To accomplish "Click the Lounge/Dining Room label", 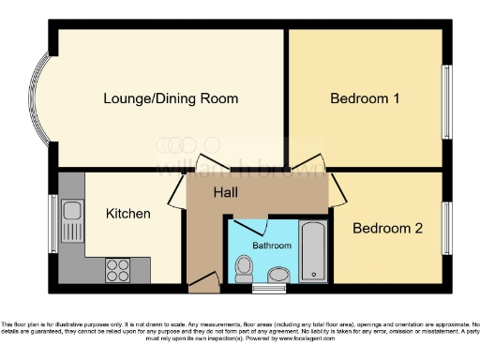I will point(170,98).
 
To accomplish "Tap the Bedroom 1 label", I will point(364,98).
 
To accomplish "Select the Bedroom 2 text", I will point(385,228).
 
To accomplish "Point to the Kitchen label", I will point(127,214).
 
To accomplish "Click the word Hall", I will point(225,192).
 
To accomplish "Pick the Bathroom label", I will point(272,245).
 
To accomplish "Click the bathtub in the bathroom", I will point(314,251).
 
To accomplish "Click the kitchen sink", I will point(72,221).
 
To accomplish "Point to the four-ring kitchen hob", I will point(118,269).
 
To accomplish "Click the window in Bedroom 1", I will point(446,98).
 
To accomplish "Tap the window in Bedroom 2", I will point(446,228).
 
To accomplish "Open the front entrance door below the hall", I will point(201,281).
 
